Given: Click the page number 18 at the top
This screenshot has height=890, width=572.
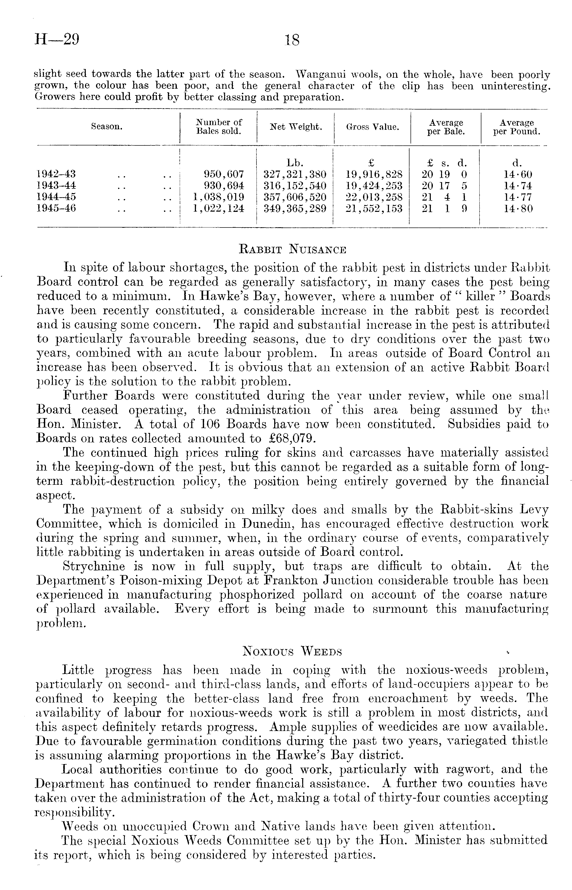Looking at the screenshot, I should coord(292,40).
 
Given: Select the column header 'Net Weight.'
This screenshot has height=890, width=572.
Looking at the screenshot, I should coord(296,127).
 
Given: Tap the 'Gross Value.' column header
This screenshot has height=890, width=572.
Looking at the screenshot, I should coord(373,127).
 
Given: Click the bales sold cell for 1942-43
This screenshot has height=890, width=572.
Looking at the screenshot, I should coord(224,174).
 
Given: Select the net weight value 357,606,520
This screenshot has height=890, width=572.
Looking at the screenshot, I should coord(295,197).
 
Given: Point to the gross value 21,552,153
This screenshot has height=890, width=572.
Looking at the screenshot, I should coord(374,209).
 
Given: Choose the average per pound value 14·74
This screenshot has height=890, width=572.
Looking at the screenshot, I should coord(518,185).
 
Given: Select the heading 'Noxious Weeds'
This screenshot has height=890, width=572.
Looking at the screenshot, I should coord(292,651).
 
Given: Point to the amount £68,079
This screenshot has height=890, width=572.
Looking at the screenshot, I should coord(292,439).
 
